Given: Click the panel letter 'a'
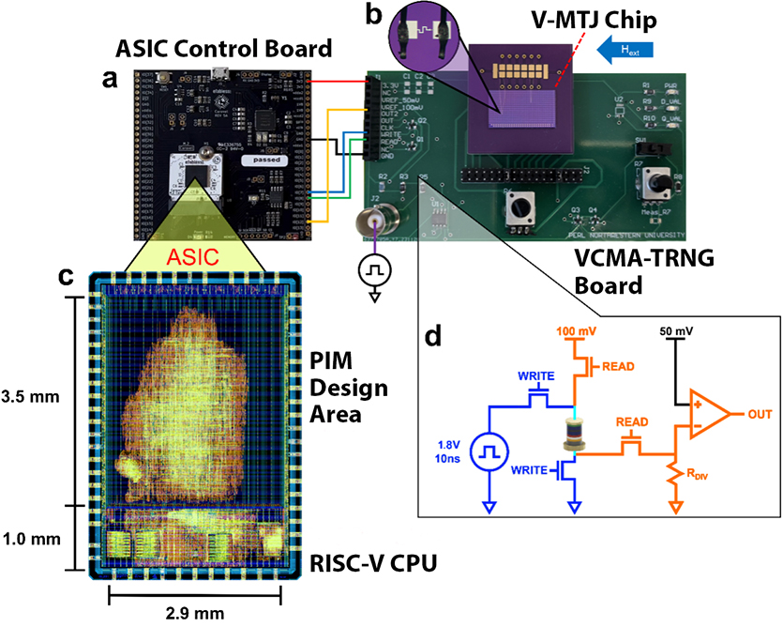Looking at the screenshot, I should (x=112, y=80).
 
